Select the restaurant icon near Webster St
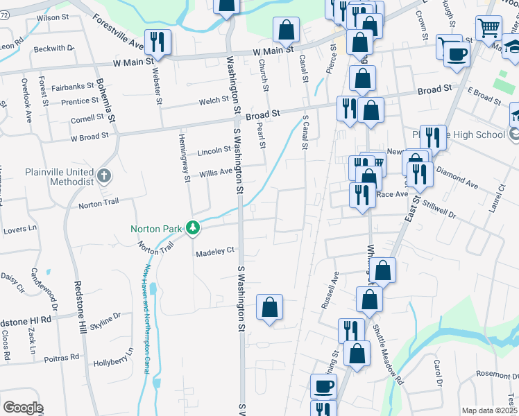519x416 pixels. click(x=156, y=42)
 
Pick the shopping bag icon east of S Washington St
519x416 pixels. click(x=270, y=306)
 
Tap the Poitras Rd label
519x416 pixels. click(x=60, y=359)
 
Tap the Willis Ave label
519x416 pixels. click(x=215, y=173)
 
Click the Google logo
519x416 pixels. click(x=23, y=408)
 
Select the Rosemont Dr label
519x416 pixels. click(x=492, y=374)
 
